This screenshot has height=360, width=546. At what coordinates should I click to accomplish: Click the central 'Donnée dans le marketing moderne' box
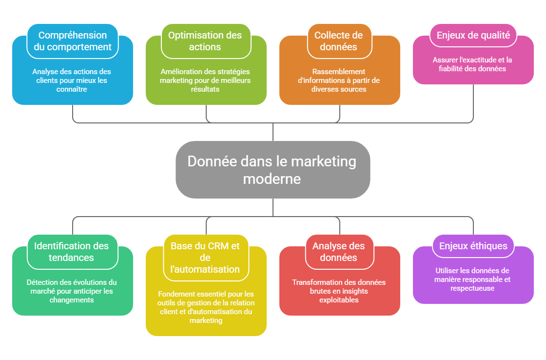pos(272,169)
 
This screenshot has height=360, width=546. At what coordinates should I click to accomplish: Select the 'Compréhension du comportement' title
pos(73,41)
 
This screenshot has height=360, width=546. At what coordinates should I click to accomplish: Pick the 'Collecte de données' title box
pos(339,41)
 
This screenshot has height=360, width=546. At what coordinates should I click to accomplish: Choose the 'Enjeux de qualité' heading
pos(473,35)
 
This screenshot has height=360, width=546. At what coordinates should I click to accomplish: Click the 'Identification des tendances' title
pos(73,252)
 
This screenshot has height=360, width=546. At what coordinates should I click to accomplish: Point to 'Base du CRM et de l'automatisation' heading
pos(205,258)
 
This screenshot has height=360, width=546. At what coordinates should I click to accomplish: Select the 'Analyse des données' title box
pos(339,252)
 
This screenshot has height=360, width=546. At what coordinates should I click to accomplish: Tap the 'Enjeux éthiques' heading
pos(473,246)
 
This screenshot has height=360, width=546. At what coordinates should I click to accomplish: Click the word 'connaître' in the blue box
pos(72,89)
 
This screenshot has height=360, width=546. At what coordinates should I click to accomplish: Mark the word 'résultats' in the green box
pos(205,89)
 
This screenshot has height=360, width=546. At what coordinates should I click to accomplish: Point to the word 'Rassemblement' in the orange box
pos(339,72)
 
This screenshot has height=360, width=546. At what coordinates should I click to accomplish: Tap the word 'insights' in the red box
pos(352,291)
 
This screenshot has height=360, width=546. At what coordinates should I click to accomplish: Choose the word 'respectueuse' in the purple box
pos(472,288)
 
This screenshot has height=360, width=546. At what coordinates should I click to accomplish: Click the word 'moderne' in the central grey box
pos(272,179)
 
